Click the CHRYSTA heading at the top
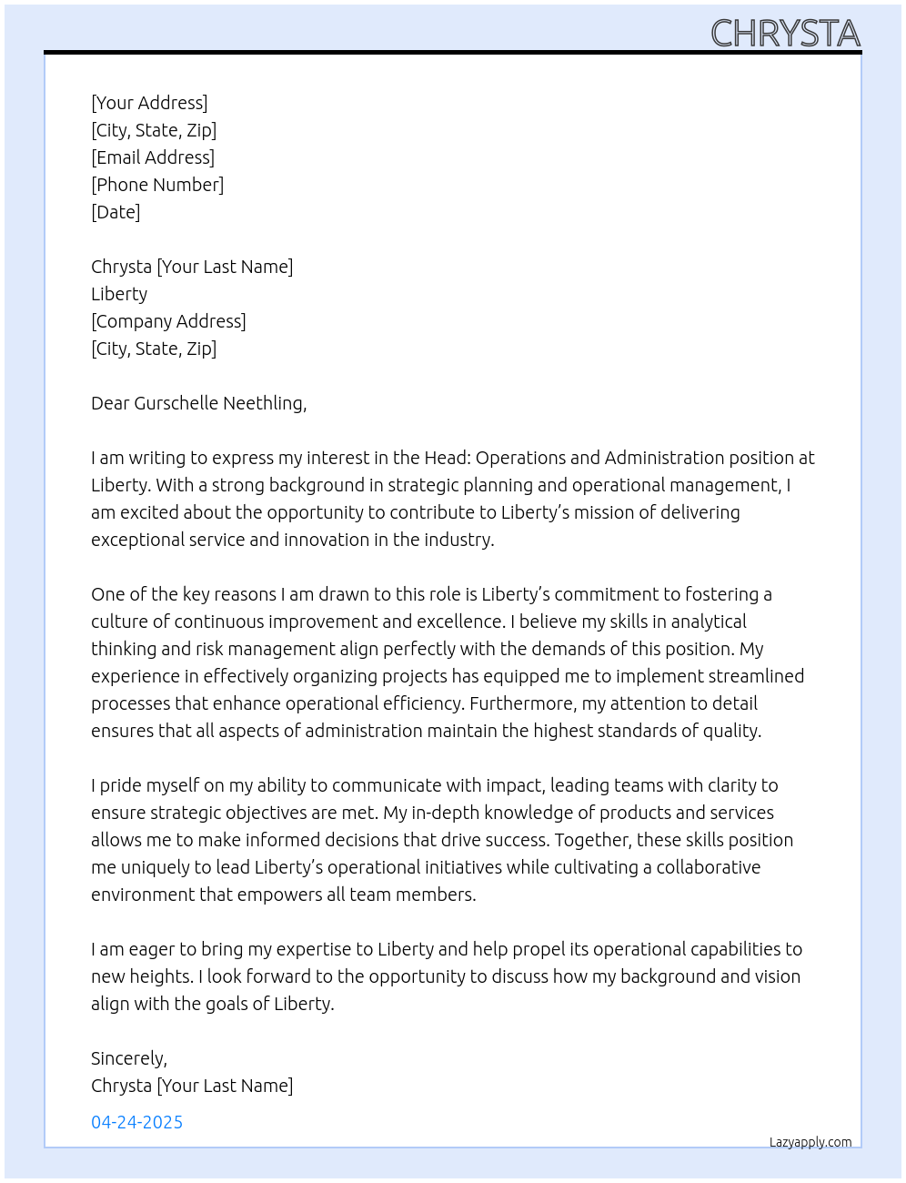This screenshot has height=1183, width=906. pyautogui.click(x=784, y=34)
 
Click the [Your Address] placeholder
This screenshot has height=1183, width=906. pyautogui.click(x=149, y=103)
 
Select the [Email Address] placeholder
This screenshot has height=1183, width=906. pyautogui.click(x=153, y=157)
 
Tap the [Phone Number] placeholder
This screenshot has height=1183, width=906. pyautogui.click(x=157, y=185)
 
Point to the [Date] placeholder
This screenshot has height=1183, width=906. pyautogui.click(x=116, y=212)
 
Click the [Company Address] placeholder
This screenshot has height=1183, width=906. pyautogui.click(x=168, y=321)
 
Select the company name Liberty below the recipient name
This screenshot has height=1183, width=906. pyautogui.click(x=119, y=294)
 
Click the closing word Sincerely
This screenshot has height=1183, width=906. pyautogui.click(x=128, y=1058)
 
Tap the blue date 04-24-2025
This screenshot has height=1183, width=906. pyautogui.click(x=137, y=1122)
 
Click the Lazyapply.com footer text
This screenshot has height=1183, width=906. pyautogui.click(x=810, y=1142)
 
